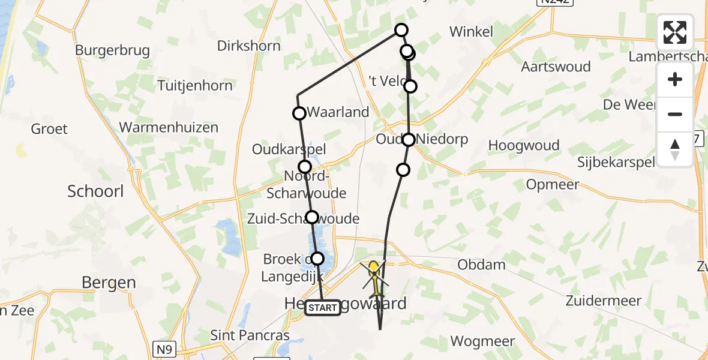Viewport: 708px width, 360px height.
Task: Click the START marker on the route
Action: [323, 308]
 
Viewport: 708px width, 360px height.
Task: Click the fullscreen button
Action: [675, 32]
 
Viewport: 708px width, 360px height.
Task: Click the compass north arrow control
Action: [675, 149]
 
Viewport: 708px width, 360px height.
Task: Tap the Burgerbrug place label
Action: [112, 50]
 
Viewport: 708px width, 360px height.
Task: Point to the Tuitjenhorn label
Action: [195, 86]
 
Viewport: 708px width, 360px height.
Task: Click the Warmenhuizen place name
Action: [169, 127]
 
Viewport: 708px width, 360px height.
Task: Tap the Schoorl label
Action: [95, 191]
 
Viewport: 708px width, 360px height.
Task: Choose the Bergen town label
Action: [109, 283]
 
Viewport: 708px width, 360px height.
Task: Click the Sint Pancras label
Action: [250, 335]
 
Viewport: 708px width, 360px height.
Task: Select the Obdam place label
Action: [481, 265]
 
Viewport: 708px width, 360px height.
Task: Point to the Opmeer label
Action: [553, 184]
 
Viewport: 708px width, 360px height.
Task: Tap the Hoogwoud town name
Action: [524, 145]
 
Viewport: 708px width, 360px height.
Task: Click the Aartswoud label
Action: [556, 67]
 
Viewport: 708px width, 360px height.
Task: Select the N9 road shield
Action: [167, 349]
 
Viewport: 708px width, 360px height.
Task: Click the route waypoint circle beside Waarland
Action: [299, 113]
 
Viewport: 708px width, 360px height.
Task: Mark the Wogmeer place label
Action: [482, 341]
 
